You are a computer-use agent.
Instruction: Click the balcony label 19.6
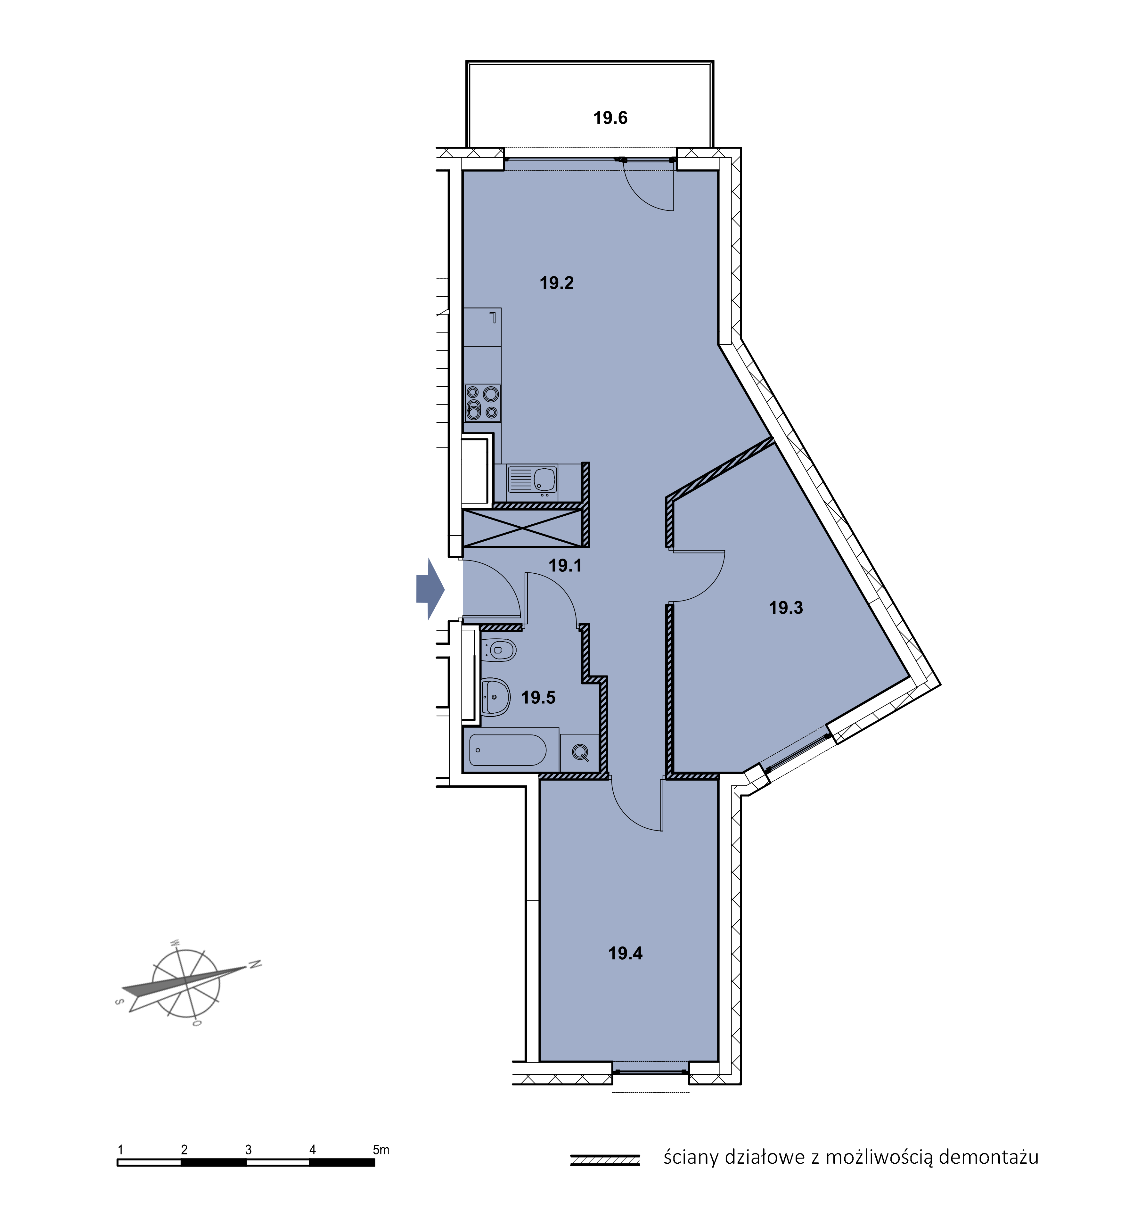pos(610,118)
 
